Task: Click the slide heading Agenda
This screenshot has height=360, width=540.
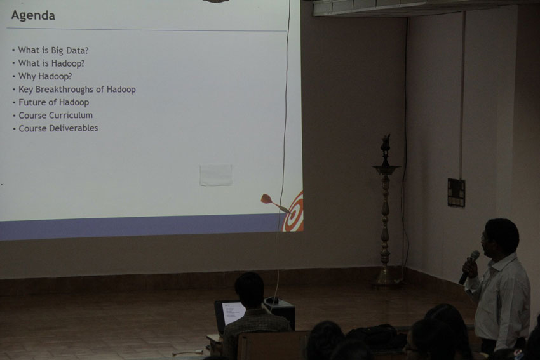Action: tap(33, 16)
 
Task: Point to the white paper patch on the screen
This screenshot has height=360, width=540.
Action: tap(216, 175)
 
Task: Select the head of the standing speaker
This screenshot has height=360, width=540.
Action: tap(501, 237)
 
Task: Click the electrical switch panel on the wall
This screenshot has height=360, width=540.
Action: tap(456, 193)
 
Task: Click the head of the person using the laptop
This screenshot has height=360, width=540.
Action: tap(249, 291)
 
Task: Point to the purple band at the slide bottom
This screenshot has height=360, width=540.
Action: tap(141, 227)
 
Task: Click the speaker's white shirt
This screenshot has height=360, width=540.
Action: tap(503, 300)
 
